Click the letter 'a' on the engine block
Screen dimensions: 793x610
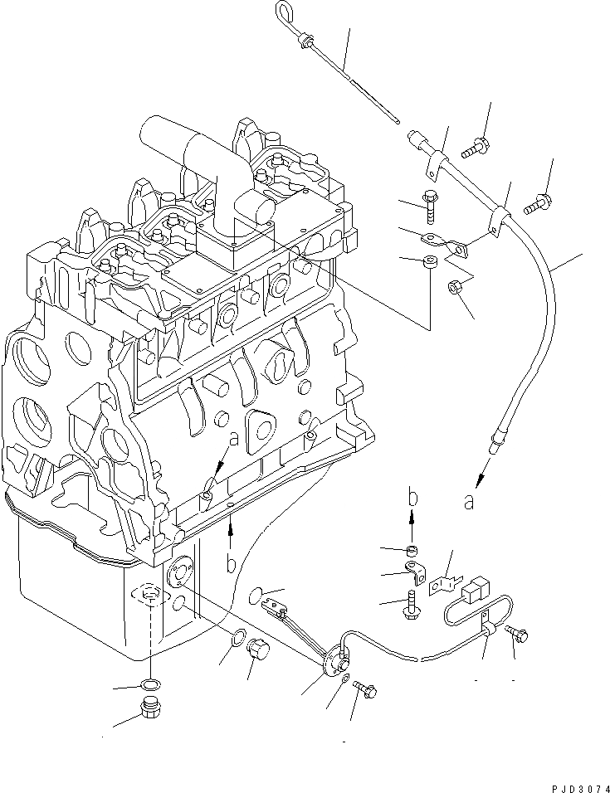pyautogui.click(x=233, y=441)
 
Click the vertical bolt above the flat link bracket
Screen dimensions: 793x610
pyautogui.click(x=432, y=205)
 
